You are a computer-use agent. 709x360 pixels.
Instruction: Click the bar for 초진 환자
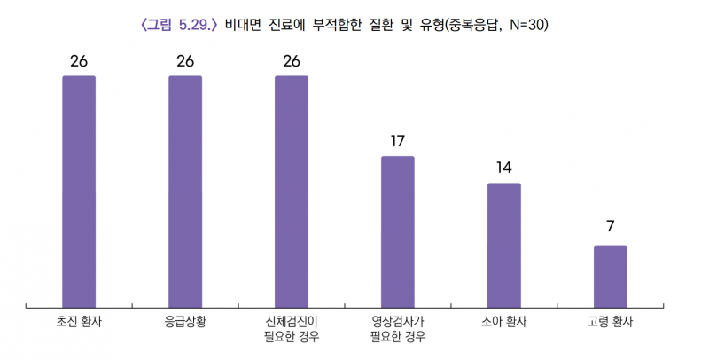79,191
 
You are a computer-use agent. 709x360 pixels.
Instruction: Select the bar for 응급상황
185,191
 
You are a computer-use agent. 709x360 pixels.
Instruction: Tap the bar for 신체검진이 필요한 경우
292,191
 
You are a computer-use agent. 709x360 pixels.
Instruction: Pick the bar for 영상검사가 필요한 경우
398,231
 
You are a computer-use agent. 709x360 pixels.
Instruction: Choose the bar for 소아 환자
504,245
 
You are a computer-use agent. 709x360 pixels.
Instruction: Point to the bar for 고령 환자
611,276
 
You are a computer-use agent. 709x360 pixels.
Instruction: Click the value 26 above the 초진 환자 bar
79,61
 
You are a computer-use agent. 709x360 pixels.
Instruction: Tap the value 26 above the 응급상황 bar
185,61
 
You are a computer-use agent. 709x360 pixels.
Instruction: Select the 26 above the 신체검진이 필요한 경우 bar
292,61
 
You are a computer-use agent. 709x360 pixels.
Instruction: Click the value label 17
398,141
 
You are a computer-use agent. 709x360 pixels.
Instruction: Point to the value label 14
504,168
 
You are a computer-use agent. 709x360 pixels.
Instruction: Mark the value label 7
611,226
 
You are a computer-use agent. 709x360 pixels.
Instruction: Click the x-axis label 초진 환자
79,321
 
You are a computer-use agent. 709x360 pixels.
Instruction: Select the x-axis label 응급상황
185,321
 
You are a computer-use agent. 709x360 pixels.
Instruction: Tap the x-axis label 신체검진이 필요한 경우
292,328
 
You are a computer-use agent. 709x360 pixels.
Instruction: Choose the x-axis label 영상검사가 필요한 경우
398,328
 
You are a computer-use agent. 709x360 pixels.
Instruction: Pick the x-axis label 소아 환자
504,321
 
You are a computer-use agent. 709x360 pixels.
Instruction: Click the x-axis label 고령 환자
611,321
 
